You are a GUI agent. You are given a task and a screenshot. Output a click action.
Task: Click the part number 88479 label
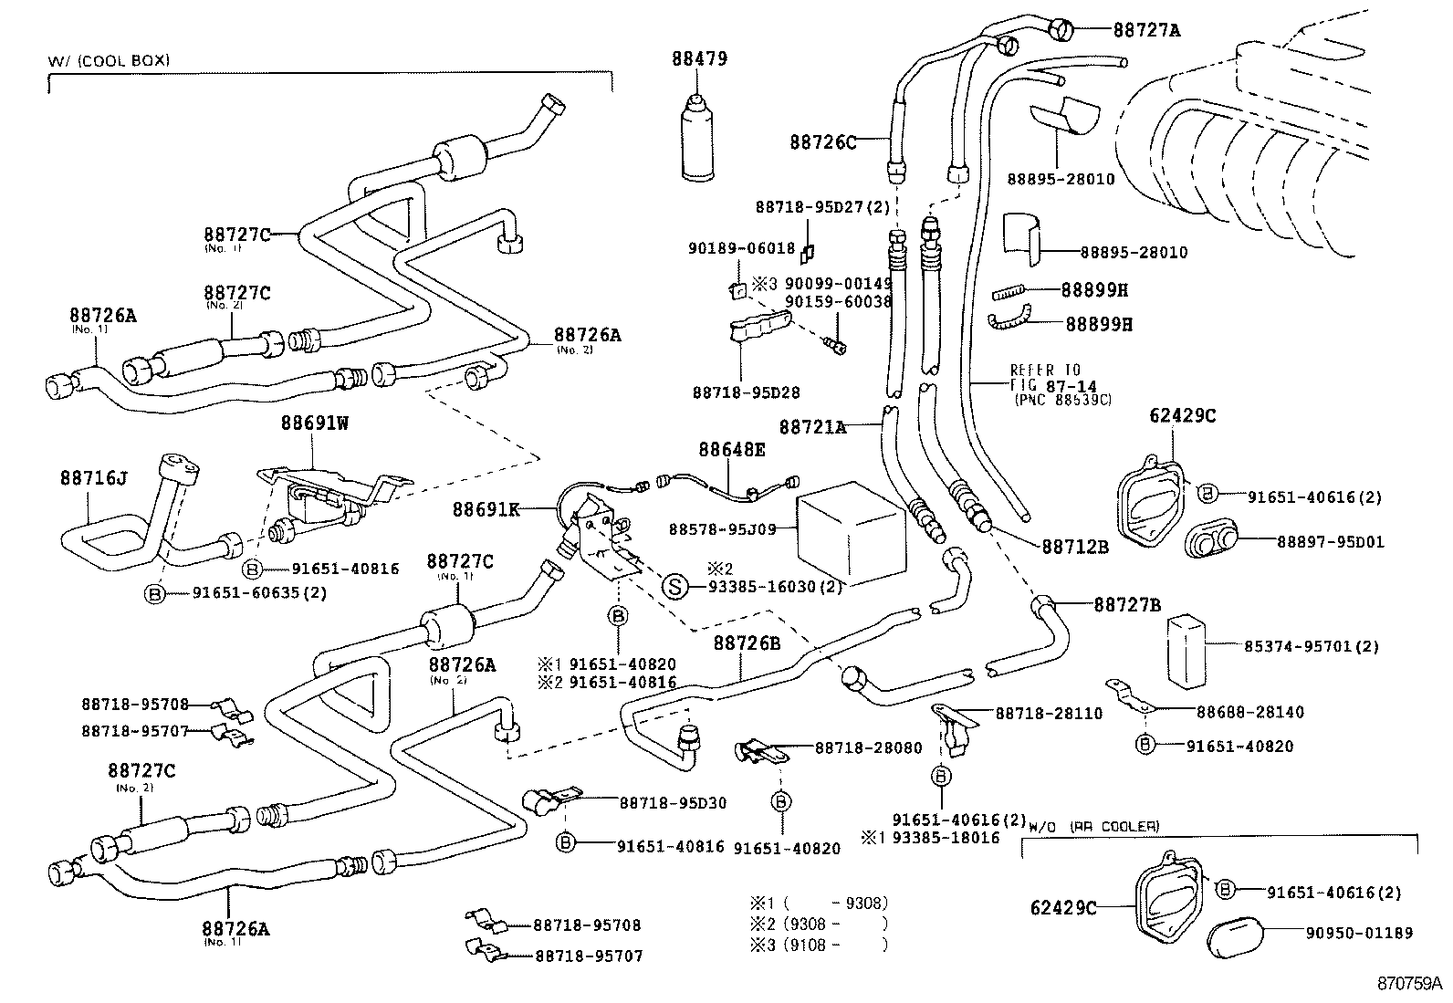point(699,59)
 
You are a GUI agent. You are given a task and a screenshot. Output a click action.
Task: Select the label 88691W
point(315,423)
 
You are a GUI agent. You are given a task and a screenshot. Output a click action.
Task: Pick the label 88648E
point(732,449)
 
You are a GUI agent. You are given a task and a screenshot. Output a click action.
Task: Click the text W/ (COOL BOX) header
point(110,60)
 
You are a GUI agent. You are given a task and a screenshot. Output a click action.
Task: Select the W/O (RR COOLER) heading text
point(1093,826)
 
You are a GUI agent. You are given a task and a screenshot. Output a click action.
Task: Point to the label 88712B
point(1075,547)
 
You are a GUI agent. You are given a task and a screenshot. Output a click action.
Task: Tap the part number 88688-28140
point(1250,712)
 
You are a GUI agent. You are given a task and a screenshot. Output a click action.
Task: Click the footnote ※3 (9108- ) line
point(818,946)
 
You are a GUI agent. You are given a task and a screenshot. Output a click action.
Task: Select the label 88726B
point(747,643)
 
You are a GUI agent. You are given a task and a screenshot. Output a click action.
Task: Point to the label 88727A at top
point(1146,30)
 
